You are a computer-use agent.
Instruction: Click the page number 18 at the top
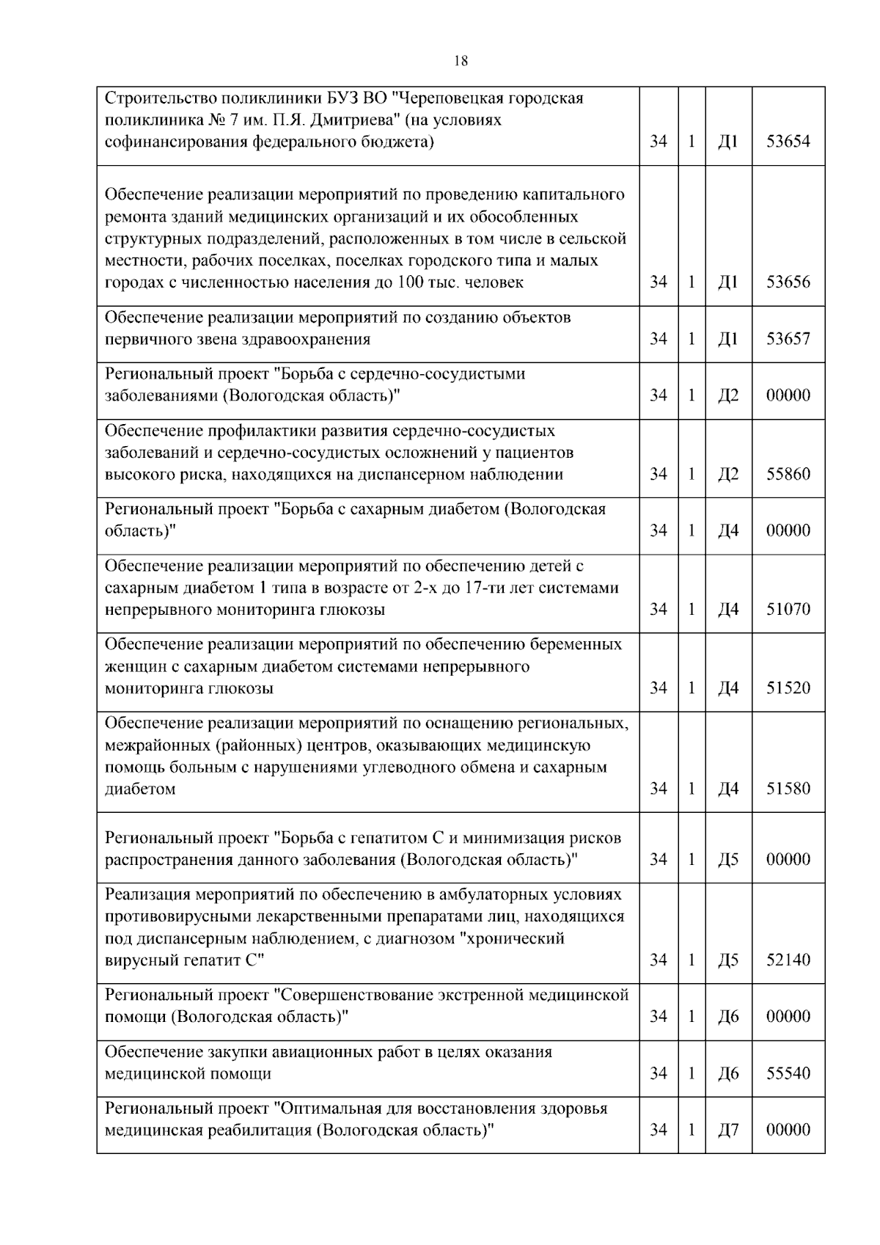(x=461, y=62)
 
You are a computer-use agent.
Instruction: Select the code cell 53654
(x=788, y=142)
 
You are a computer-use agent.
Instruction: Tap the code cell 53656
(x=788, y=282)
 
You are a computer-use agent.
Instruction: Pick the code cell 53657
(x=788, y=339)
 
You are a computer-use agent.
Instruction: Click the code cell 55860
(x=788, y=474)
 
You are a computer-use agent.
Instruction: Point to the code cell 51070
(x=788, y=610)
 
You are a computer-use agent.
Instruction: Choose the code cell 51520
(x=788, y=688)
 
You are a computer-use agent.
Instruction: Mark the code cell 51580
(x=788, y=789)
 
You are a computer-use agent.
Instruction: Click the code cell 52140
(x=788, y=960)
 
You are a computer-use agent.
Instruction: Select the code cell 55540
(x=788, y=1074)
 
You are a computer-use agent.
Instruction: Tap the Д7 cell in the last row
(x=727, y=1131)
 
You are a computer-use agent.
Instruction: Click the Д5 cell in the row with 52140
(x=727, y=960)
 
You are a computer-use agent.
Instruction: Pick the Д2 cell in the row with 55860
(x=727, y=474)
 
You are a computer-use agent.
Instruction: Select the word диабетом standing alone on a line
(x=140, y=789)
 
